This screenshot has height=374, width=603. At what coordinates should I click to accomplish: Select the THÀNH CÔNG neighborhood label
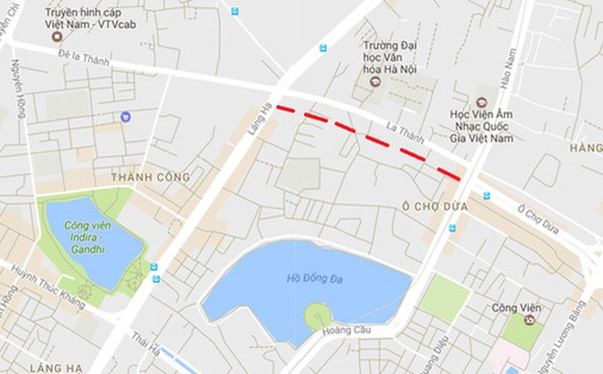(x=150, y=176)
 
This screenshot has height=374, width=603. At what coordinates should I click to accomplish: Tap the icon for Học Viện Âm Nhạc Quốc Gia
(x=481, y=102)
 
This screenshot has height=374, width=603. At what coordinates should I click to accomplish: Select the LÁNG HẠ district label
(x=26, y=364)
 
